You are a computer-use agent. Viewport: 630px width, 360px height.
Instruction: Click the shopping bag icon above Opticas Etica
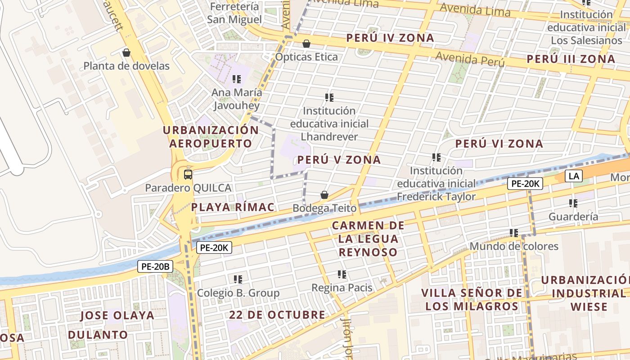tap(306, 44)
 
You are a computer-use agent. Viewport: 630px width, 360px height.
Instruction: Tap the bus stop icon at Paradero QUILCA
tap(188, 174)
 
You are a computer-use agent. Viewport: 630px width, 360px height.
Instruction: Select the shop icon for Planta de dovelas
tap(126, 53)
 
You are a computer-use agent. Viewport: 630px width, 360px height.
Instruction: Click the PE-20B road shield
tap(155, 266)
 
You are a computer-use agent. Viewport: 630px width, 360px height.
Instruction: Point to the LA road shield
tap(574, 176)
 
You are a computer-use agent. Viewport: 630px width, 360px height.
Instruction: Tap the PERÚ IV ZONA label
tap(390, 38)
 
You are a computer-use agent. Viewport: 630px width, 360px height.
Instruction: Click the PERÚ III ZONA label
tap(571, 59)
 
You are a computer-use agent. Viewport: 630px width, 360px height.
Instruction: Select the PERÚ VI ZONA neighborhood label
tap(499, 144)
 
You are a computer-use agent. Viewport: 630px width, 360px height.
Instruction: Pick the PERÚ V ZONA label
tap(339, 160)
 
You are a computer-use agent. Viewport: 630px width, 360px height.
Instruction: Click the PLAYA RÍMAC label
tap(233, 207)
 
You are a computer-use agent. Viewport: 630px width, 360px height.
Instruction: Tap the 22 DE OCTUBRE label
tap(277, 315)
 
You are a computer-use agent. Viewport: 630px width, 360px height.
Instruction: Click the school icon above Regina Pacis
tap(342, 274)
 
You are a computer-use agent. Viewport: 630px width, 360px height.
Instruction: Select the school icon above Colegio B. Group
tap(238, 279)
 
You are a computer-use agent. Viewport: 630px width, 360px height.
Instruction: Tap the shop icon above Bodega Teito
tap(324, 195)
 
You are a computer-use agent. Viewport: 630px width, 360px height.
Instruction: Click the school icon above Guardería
tap(573, 203)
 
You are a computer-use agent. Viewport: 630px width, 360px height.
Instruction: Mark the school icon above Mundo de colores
tap(514, 233)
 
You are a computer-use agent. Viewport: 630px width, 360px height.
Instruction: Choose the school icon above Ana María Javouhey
tap(237, 80)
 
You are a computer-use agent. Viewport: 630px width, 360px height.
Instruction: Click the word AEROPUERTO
tap(211, 144)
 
